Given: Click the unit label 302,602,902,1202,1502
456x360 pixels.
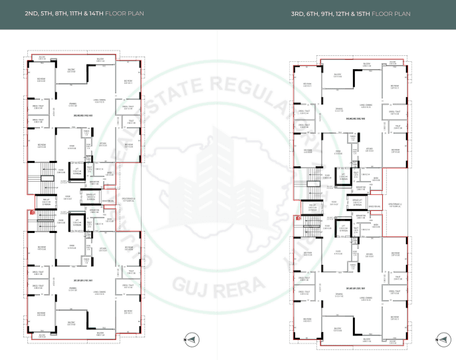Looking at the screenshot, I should pos(357,118).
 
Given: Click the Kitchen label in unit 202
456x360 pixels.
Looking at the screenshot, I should pos(103,144).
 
